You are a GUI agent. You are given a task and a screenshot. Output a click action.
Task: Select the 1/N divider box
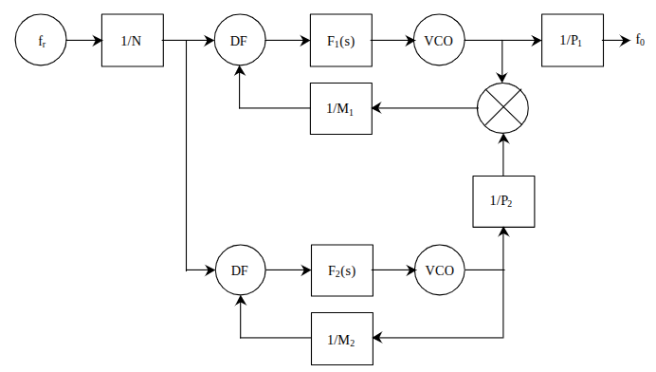[132, 40]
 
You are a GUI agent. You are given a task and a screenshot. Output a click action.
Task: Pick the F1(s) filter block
[341, 40]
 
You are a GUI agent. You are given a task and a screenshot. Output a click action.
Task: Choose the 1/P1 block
[573, 40]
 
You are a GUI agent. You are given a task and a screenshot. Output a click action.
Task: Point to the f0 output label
[640, 40]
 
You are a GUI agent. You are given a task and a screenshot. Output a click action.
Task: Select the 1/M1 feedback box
[341, 108]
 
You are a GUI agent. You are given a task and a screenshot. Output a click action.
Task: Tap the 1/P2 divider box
[503, 201]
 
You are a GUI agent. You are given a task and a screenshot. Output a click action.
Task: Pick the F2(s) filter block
[342, 270]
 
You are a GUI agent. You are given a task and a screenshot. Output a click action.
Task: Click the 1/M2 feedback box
[342, 339]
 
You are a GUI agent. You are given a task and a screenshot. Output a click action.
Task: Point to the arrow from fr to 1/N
[84, 41]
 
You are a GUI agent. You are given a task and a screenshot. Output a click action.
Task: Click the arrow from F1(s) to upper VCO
[393, 41]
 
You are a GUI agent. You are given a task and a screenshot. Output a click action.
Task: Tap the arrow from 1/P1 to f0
[617, 41]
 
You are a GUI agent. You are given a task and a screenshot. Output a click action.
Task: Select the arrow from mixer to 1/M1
[425, 108]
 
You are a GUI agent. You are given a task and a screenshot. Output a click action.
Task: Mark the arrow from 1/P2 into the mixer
[503, 155]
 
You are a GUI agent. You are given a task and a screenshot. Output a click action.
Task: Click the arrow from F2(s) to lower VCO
[394, 270]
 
